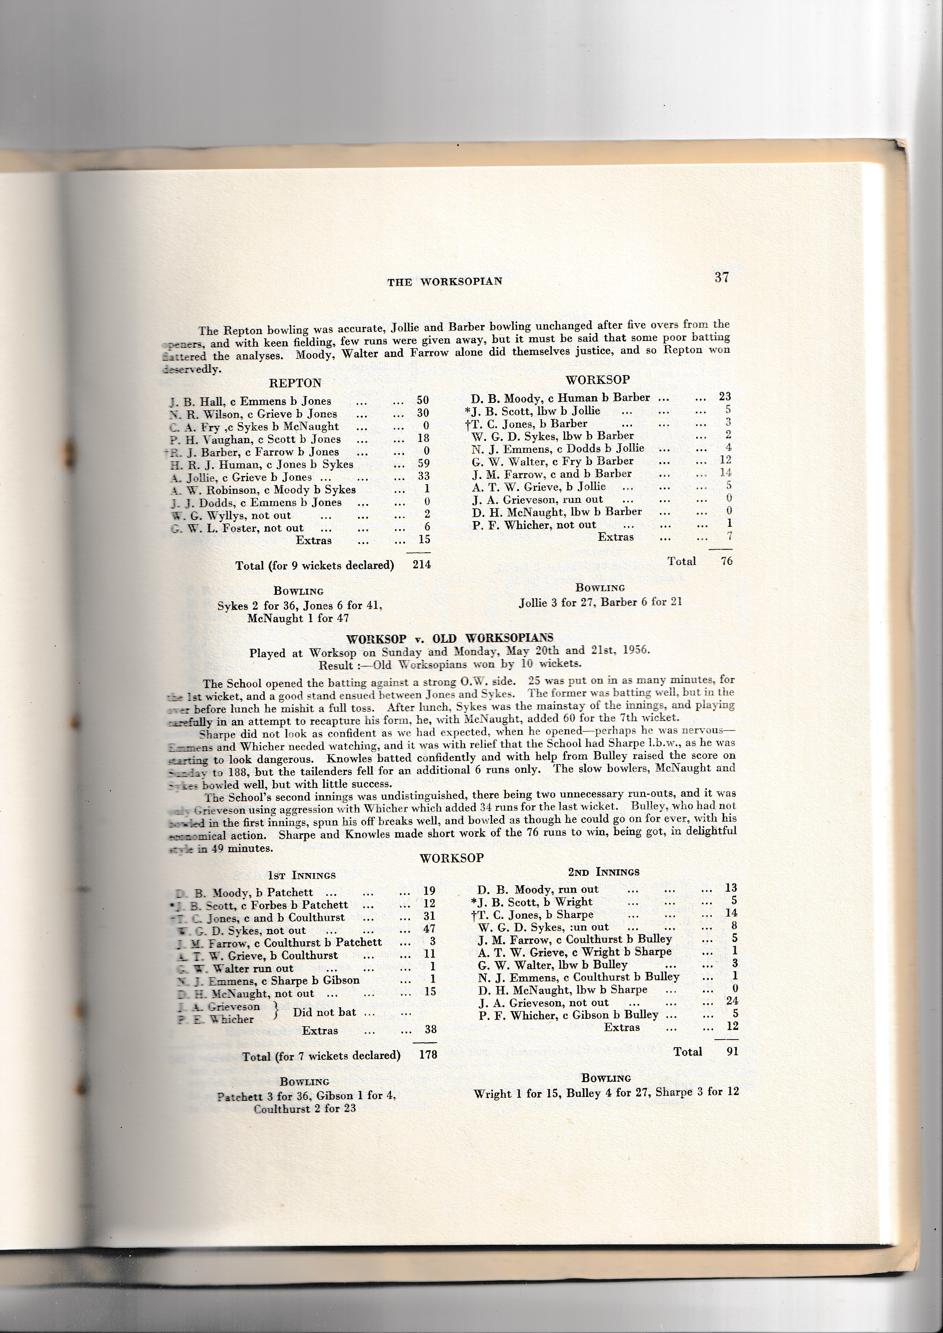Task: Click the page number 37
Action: (721, 277)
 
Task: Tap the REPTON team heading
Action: (295, 383)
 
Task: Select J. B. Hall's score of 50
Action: (423, 401)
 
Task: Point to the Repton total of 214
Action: (422, 564)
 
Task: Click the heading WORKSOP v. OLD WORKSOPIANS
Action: (449, 639)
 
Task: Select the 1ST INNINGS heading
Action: (302, 875)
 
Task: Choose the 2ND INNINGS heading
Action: (604, 872)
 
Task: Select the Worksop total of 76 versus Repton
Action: (726, 561)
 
